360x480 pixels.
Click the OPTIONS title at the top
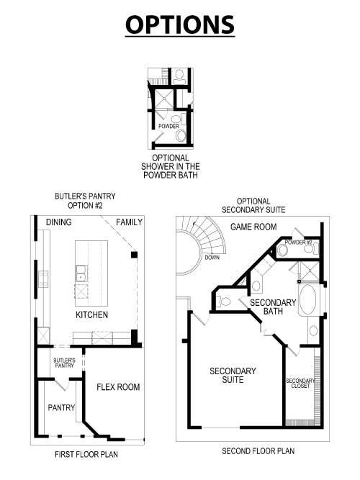pyautogui.click(x=180, y=24)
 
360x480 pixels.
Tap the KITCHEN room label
pyautogui.click(x=92, y=315)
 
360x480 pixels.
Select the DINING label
pyautogui.click(x=58, y=222)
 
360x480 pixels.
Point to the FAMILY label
pyautogui.click(x=129, y=222)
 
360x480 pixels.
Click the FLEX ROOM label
pyautogui.click(x=118, y=387)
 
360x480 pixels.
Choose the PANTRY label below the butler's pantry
pyautogui.click(x=61, y=408)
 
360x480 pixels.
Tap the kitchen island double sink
pyautogui.click(x=81, y=273)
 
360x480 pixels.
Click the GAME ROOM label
pyautogui.click(x=253, y=227)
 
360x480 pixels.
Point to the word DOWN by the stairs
pyautogui.click(x=212, y=257)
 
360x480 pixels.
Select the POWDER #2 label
pyautogui.click(x=298, y=243)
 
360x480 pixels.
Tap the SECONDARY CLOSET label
pyautogui.click(x=300, y=383)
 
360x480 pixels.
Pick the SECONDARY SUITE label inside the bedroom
pyautogui.click(x=233, y=376)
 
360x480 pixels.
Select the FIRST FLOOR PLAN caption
pyautogui.click(x=86, y=455)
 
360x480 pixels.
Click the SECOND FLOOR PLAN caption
pyautogui.click(x=258, y=451)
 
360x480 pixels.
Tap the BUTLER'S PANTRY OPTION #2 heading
pyautogui.click(x=85, y=201)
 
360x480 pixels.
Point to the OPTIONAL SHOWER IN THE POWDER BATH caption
pyautogui.click(x=170, y=166)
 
